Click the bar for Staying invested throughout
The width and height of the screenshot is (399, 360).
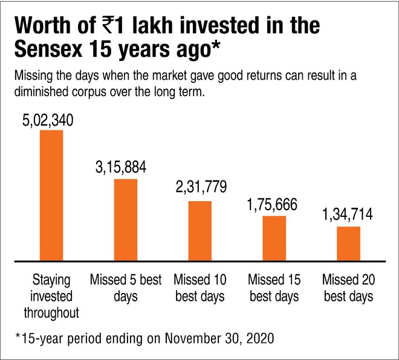(x=51, y=195)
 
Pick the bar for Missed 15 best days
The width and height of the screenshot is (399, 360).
(x=274, y=238)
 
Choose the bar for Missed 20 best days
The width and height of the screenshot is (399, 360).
(x=348, y=243)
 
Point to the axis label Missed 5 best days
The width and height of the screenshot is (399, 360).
(x=125, y=289)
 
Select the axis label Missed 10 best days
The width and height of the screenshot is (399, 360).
(x=199, y=289)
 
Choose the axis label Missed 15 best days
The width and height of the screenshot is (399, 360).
(x=274, y=289)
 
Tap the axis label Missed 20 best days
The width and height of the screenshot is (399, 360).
(x=348, y=289)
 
